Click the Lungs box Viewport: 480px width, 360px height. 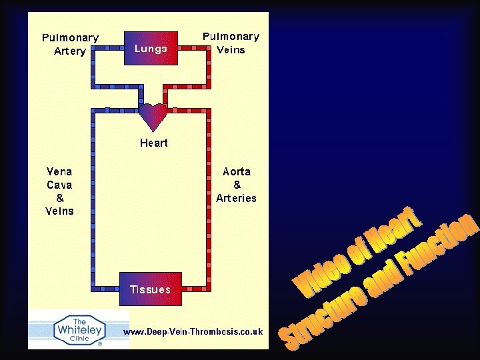point(152,48)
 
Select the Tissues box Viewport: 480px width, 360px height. point(151,289)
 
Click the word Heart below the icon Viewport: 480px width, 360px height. point(153,143)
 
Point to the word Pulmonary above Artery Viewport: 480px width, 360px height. point(70,38)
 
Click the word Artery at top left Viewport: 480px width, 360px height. point(70,51)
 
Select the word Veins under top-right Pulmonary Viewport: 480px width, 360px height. point(231,49)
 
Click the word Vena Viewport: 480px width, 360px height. point(60,171)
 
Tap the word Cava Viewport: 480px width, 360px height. point(60,184)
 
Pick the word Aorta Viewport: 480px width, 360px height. point(237,171)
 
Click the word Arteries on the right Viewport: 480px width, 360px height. point(236,198)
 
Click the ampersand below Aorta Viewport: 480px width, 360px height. point(237,185)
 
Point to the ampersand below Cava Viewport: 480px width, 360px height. point(60,197)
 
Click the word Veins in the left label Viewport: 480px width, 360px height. point(60,211)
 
